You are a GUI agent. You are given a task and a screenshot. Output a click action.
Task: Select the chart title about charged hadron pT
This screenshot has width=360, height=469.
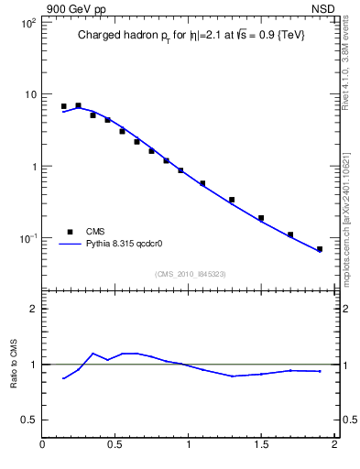point(190,35)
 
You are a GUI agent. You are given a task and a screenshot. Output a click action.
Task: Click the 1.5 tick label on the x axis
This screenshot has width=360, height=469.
point(261,446)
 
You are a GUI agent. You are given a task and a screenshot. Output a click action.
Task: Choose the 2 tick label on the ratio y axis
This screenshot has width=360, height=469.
point(32,309)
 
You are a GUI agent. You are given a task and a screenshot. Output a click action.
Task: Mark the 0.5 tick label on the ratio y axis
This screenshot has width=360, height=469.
point(27,420)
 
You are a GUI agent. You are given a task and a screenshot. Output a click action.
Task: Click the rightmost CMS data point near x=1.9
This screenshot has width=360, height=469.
point(320,249)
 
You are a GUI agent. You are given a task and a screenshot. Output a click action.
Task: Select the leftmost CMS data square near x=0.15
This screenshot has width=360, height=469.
point(63,106)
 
